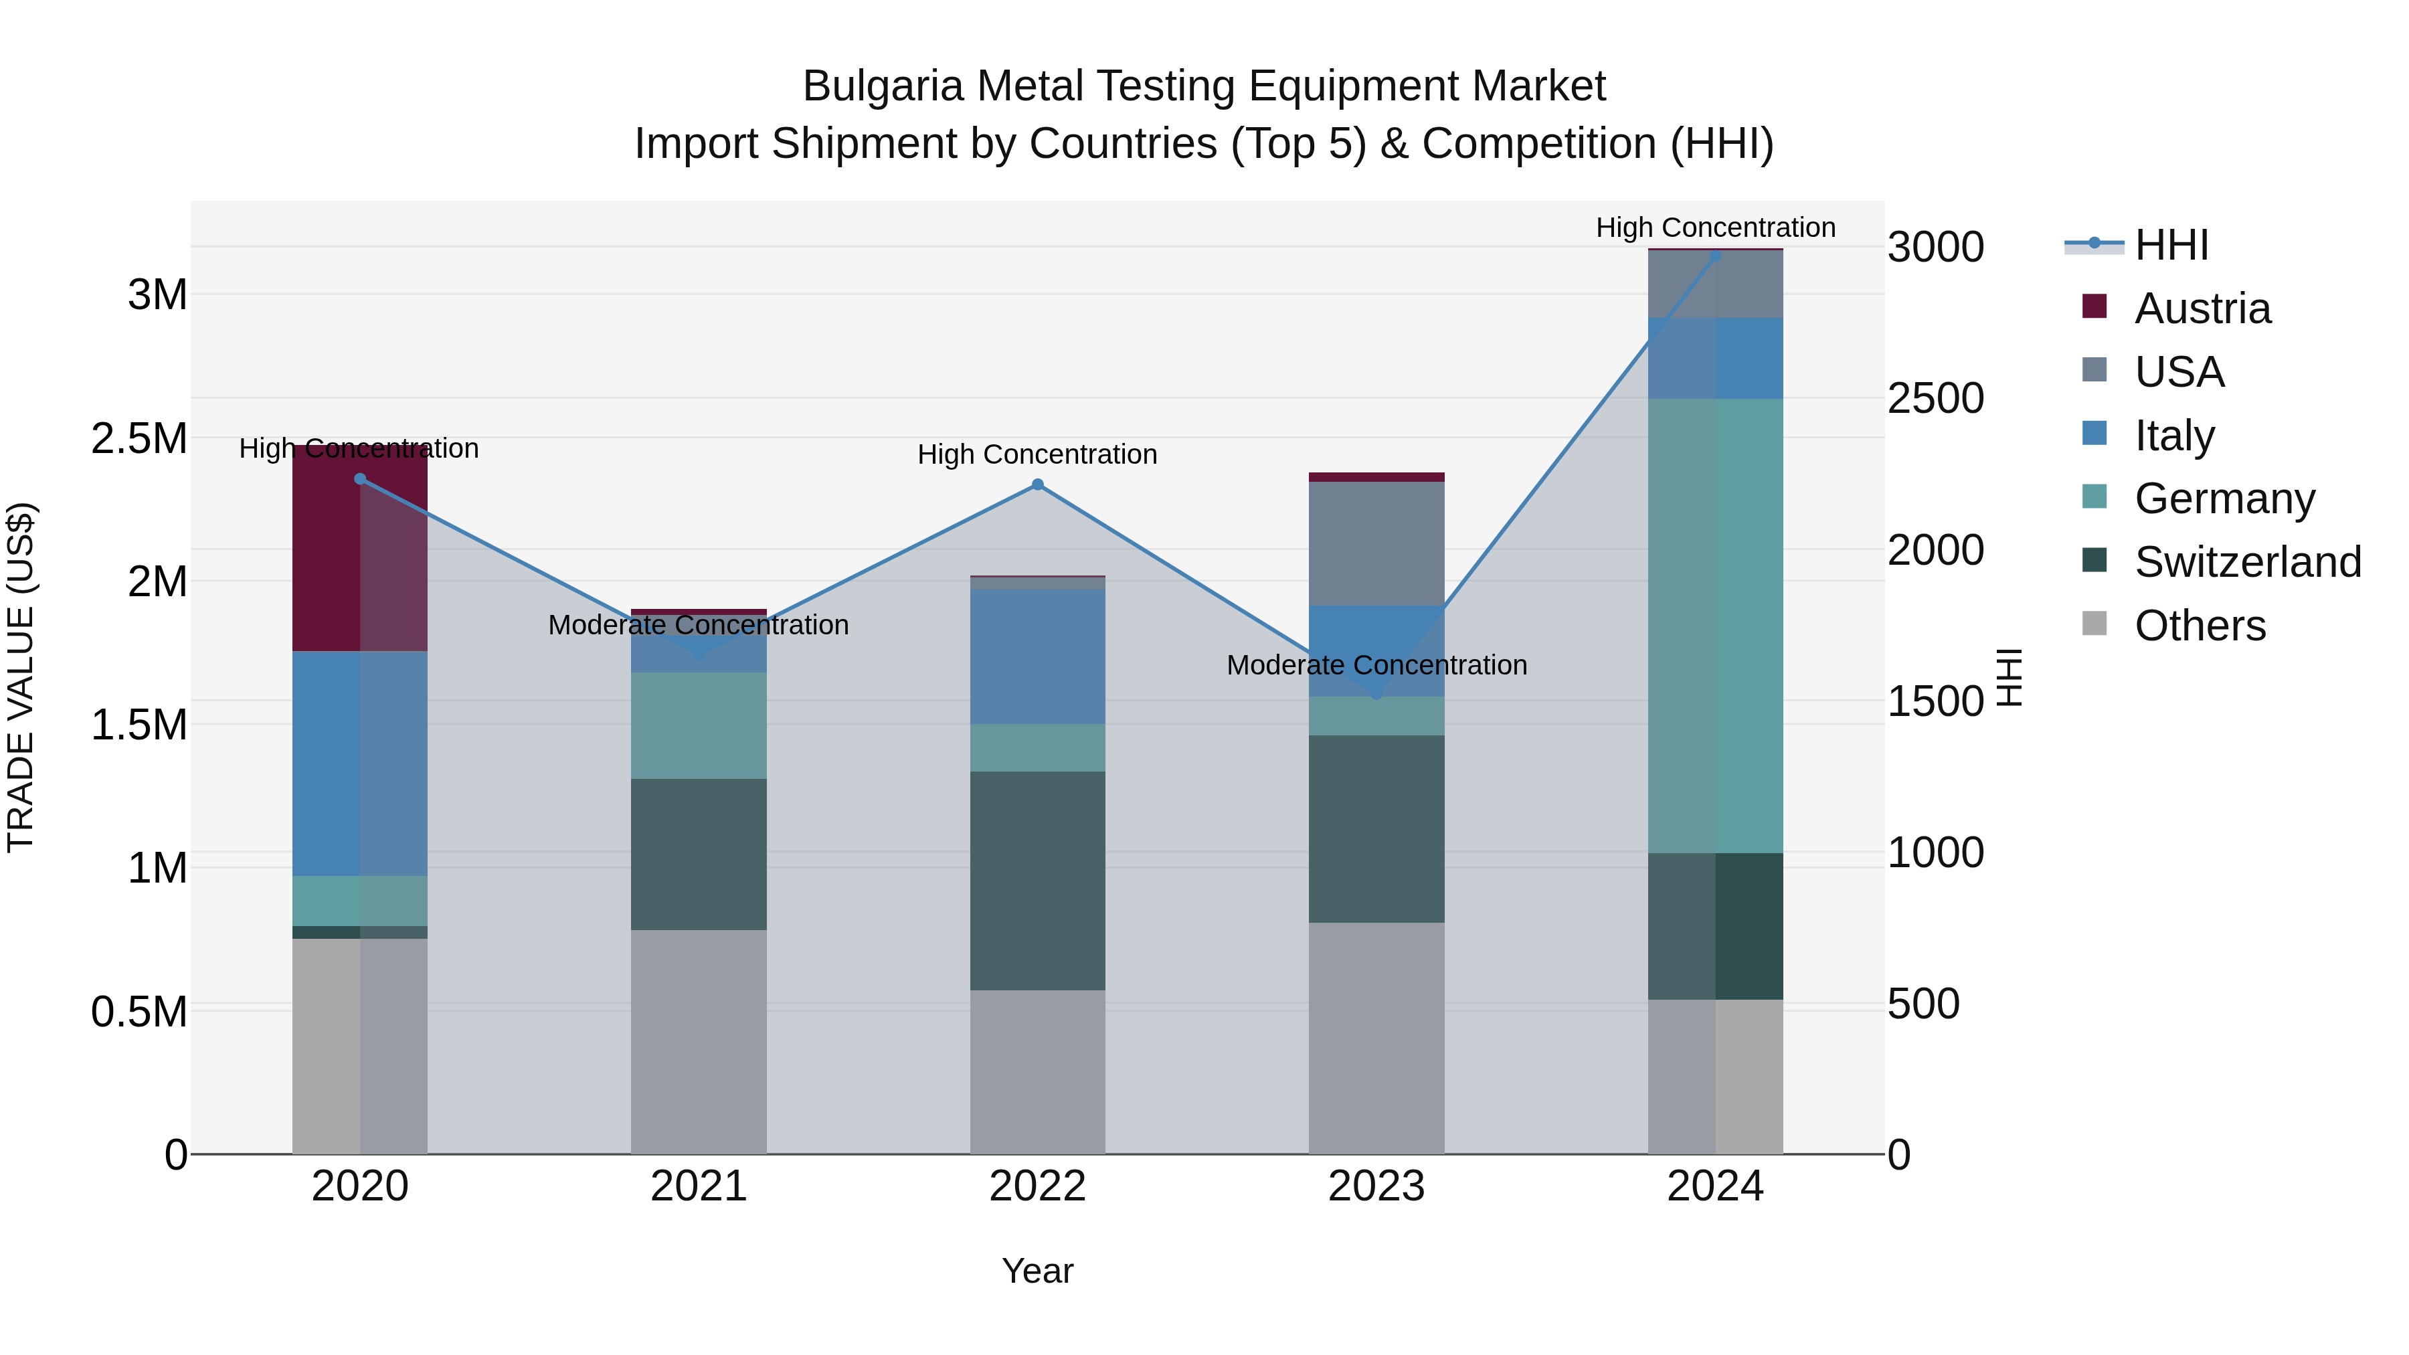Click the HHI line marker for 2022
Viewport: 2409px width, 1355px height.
pos(1037,484)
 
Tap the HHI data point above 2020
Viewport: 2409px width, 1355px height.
pos(360,479)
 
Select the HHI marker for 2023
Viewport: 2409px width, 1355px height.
pos(1376,694)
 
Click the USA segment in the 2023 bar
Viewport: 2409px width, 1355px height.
pos(1376,543)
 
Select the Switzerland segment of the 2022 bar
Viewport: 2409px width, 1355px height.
pos(1037,880)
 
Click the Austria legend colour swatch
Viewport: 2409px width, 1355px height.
pos(2094,306)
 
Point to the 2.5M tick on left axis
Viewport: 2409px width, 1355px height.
pos(139,438)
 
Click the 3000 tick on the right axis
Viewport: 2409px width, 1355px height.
pos(1935,247)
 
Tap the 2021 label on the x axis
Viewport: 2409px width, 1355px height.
pos(699,1186)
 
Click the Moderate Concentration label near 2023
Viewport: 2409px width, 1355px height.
pos(1376,665)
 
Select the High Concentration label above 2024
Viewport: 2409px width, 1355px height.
pos(1715,228)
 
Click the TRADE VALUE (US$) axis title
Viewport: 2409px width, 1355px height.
pos(21,677)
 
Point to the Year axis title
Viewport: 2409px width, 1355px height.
pos(1037,1271)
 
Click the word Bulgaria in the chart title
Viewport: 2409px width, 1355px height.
pos(882,86)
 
